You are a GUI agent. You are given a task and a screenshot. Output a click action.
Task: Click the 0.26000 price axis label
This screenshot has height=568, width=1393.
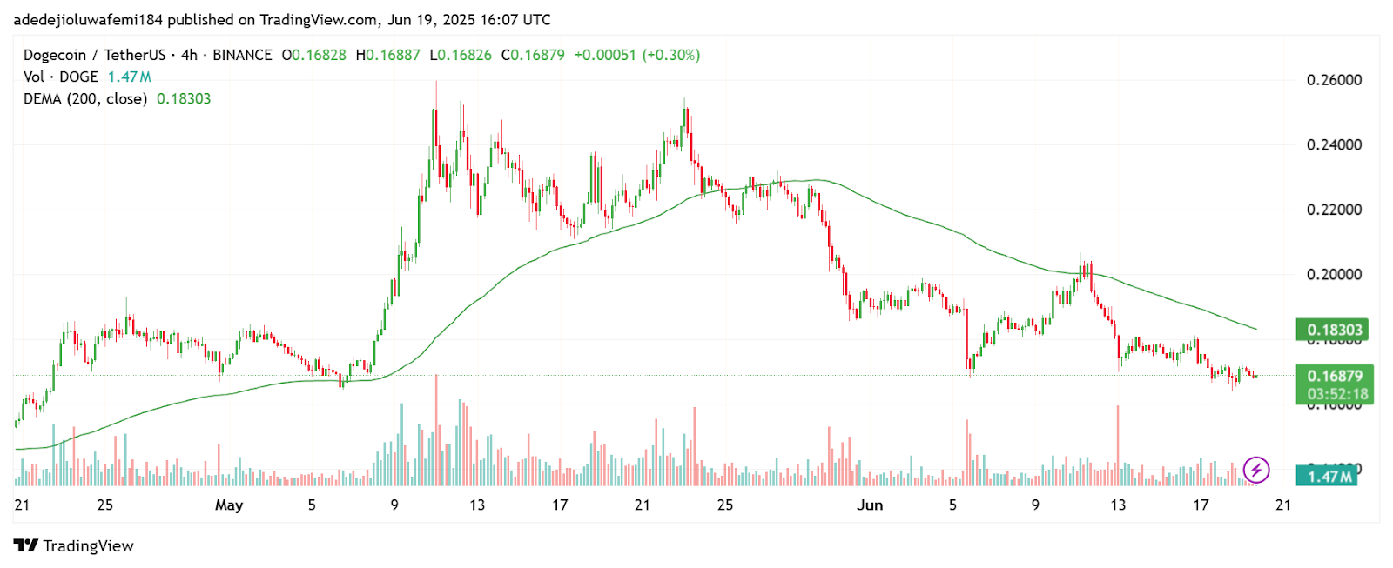coord(1334,80)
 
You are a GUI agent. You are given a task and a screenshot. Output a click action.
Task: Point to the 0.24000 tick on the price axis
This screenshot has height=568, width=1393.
coord(1334,144)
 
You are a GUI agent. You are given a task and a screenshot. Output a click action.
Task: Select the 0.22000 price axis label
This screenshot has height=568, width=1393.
coord(1334,210)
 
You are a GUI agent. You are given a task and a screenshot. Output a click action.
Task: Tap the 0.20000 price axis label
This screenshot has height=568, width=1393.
coord(1334,274)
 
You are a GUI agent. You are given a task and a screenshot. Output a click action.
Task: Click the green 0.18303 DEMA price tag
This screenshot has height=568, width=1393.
coord(1334,330)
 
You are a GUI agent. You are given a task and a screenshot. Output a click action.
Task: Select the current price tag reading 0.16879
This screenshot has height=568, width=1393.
coord(1335,376)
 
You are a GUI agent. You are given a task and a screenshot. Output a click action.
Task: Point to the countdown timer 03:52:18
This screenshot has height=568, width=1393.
coord(1337,394)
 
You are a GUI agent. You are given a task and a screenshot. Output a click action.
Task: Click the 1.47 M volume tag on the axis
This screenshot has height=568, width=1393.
coord(1329,476)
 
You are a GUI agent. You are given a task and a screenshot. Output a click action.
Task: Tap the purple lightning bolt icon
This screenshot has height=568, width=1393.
coord(1255,471)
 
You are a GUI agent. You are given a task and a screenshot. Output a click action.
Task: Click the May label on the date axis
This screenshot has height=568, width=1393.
coord(229,505)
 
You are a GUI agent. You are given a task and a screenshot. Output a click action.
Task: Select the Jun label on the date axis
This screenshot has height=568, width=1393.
coord(870,505)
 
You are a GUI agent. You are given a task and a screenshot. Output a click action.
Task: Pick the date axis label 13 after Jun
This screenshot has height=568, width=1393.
coord(1118,505)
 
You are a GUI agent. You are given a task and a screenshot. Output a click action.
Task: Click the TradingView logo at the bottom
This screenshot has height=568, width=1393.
coord(74,546)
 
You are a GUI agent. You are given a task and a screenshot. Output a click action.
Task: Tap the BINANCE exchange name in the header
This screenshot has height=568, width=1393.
coord(242,55)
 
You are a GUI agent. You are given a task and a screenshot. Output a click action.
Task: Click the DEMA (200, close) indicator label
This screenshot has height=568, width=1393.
coord(85,98)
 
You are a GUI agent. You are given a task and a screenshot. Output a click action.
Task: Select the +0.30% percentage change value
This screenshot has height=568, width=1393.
coord(671,55)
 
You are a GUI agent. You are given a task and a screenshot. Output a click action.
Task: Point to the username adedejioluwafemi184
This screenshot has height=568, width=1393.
coord(88,19)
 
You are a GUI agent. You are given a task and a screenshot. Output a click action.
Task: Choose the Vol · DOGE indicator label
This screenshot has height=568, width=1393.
coord(61,77)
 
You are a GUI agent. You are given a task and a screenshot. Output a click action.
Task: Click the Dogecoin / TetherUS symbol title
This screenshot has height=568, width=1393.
coord(94,55)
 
